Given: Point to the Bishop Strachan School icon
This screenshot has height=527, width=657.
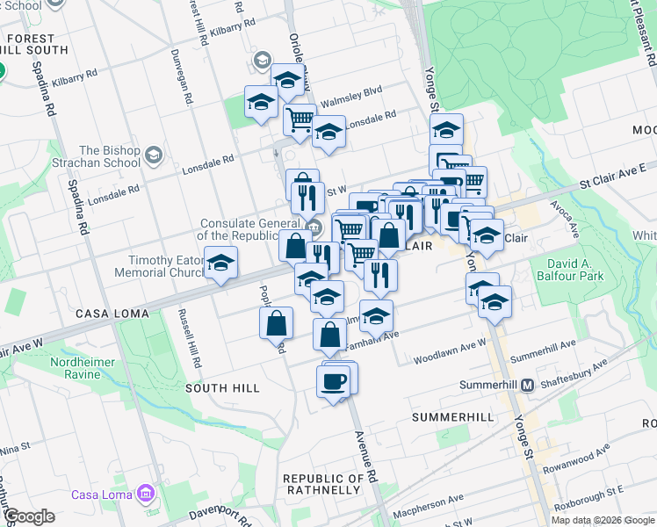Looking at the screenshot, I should tap(154, 155).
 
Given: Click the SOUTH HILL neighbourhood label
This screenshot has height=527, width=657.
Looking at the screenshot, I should tap(222, 387).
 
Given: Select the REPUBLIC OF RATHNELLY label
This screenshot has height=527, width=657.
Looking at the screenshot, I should tap(323, 484).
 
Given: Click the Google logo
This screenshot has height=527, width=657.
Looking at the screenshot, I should tap(29, 516).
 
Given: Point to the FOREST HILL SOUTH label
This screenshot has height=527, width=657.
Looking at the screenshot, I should tap(36, 44).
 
